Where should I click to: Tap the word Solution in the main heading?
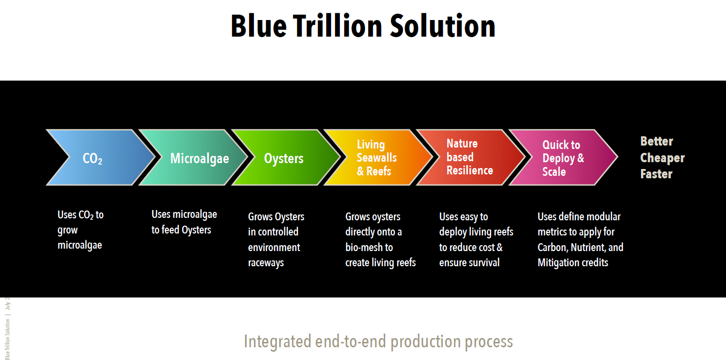[x=442, y=26]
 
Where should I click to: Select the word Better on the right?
[x=657, y=141]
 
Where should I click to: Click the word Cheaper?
[x=663, y=158]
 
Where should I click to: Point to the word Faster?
[x=656, y=174]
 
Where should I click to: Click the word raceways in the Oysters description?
[x=266, y=263]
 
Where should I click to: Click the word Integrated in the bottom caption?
[x=277, y=341]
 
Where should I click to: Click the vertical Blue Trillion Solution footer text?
[x=7, y=339]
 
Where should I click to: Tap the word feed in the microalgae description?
[x=170, y=230]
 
